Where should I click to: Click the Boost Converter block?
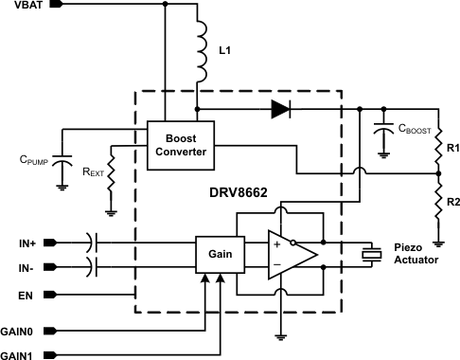(x=175, y=142)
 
